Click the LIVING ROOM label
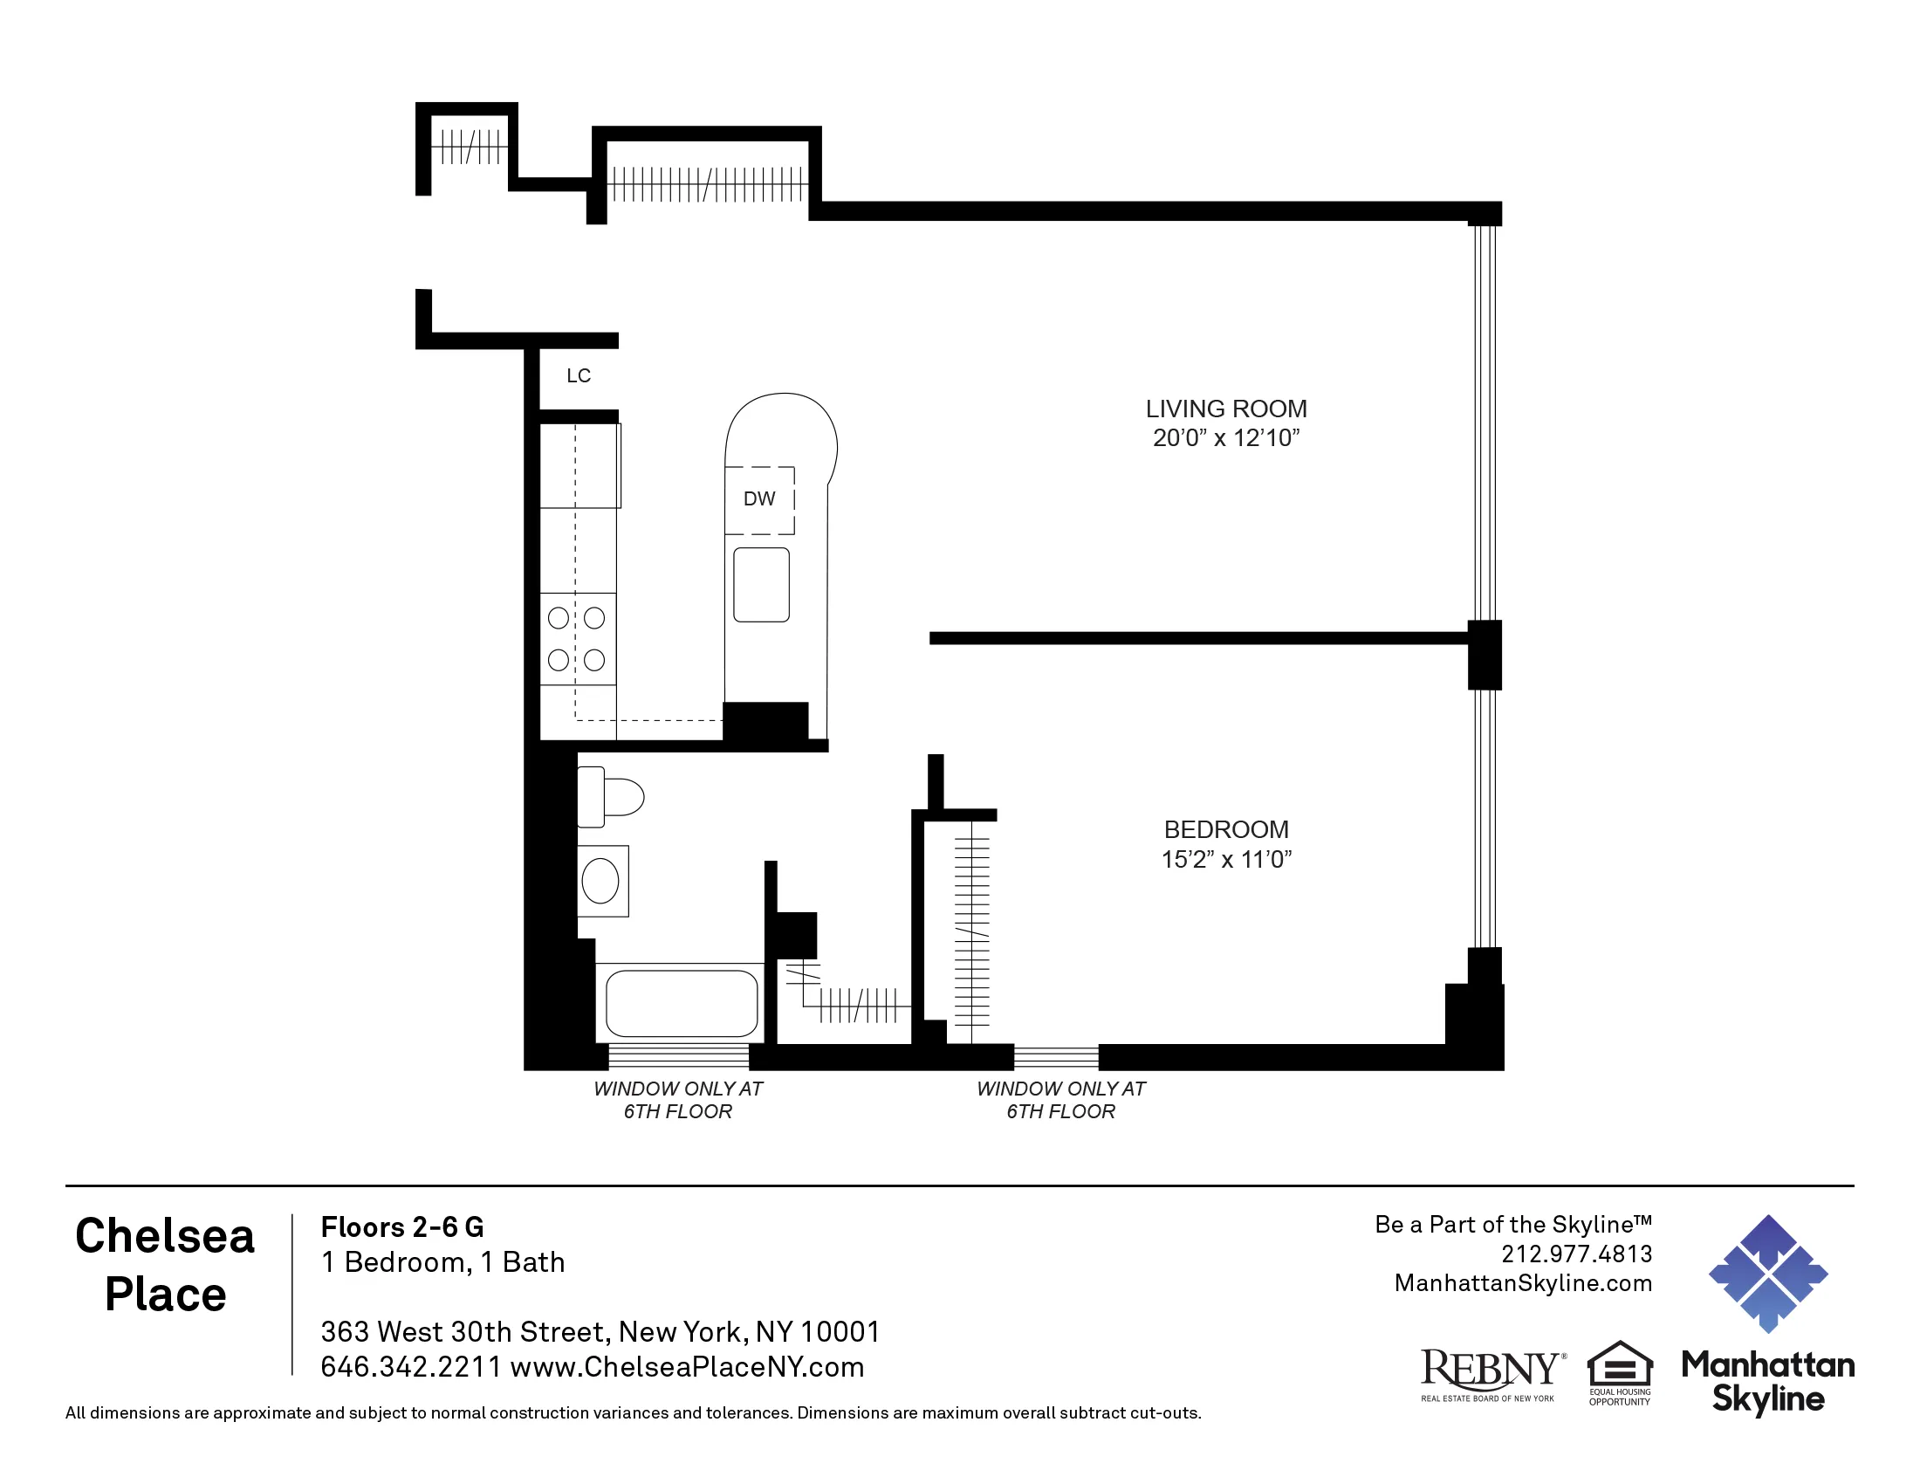[1225, 409]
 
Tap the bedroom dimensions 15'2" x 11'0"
[1225, 859]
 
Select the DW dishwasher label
[758, 498]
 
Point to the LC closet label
[578, 375]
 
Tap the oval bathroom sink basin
[600, 881]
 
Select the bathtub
[682, 1003]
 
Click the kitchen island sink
[761, 585]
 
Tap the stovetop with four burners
[577, 639]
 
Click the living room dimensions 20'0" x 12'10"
[1225, 438]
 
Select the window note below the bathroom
[678, 1100]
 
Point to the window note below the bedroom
[1060, 1100]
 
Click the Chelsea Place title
[164, 1264]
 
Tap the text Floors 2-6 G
[401, 1226]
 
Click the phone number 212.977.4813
[1575, 1254]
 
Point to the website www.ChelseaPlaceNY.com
[687, 1367]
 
